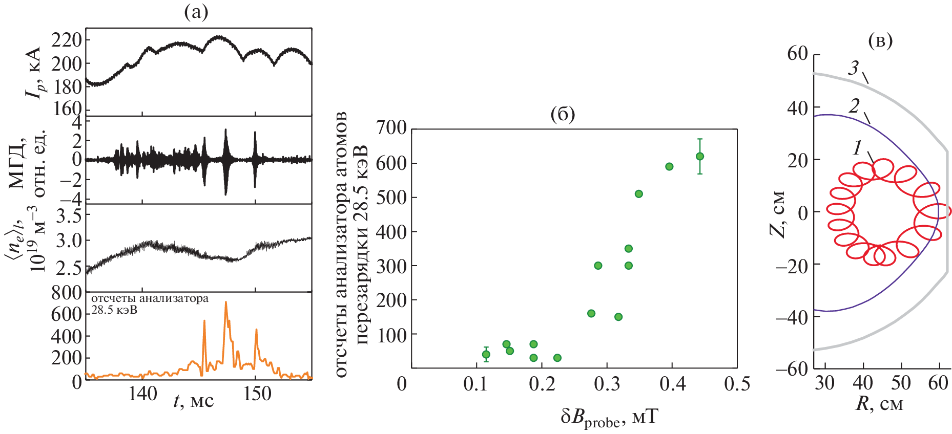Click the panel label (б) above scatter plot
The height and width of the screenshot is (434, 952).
pos(562,114)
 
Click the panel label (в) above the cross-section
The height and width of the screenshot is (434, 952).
pos(880,40)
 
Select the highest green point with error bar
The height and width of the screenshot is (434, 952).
pos(699,156)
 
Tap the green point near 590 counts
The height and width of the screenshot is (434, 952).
pos(669,166)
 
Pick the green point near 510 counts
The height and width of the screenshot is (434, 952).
pos(638,194)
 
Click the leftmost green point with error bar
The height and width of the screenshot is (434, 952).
pos(486,354)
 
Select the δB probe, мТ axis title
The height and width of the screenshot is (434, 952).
pos(609,418)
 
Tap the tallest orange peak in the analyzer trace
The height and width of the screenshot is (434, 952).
pos(225,303)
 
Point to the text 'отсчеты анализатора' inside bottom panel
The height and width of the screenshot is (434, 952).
pos(150,298)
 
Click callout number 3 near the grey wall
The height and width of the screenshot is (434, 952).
pos(853,68)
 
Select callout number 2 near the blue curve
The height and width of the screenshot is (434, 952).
pos(854,106)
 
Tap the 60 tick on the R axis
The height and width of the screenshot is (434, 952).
pos(938,383)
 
